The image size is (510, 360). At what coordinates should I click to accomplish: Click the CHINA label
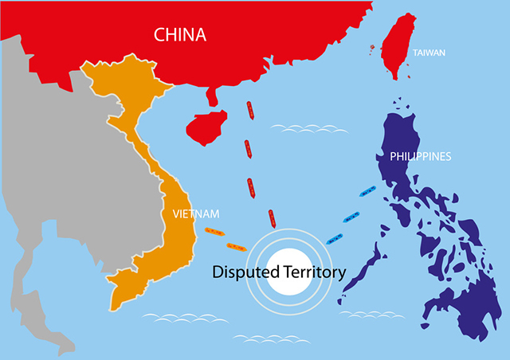(x=179, y=34)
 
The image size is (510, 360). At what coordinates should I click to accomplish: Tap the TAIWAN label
(x=429, y=53)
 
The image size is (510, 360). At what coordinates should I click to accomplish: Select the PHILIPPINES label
(x=421, y=156)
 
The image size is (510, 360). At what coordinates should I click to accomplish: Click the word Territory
(x=313, y=272)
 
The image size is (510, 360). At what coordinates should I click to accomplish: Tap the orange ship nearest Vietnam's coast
(x=213, y=231)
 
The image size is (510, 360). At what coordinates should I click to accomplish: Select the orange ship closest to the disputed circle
(x=237, y=245)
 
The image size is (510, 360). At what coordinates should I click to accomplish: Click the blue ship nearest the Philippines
(x=369, y=192)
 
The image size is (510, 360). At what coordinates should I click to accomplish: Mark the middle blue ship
(x=351, y=215)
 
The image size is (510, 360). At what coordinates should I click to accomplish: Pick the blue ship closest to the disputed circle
(x=334, y=237)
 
